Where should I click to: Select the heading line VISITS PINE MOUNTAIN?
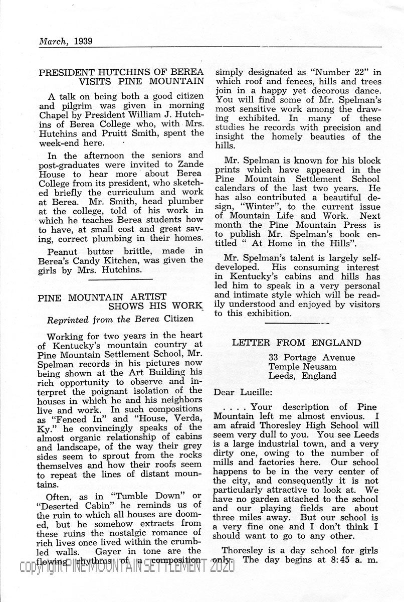pos(141,81)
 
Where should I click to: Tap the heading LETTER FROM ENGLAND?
pos(296,343)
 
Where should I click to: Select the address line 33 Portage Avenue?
pos(311,358)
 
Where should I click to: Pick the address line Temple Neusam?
pos(302,367)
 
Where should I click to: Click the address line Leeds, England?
pos(302,376)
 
